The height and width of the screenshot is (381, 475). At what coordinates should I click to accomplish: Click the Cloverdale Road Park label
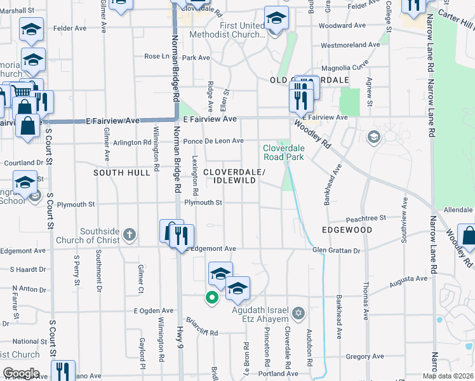point(284,152)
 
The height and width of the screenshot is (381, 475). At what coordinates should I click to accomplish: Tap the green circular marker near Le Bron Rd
point(211,297)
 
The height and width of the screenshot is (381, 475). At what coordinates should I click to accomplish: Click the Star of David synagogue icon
point(299,313)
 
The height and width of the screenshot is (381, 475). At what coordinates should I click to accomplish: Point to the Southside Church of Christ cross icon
point(129,234)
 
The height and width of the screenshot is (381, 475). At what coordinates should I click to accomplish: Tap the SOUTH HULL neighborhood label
point(117,173)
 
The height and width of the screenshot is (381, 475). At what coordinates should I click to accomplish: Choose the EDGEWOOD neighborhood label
point(347,230)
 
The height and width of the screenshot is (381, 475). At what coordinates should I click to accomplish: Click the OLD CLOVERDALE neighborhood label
point(309,80)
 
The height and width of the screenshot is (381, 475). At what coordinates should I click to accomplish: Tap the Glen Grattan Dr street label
point(336,250)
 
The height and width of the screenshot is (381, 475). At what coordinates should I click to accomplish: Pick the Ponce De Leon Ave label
point(213,141)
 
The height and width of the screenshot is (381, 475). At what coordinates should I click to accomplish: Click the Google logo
point(21,373)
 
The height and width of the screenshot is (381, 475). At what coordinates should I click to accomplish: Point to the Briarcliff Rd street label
point(202,331)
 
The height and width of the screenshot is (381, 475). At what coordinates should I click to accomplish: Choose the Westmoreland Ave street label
point(351,45)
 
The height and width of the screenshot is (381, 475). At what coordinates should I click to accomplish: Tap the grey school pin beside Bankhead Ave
point(373,137)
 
